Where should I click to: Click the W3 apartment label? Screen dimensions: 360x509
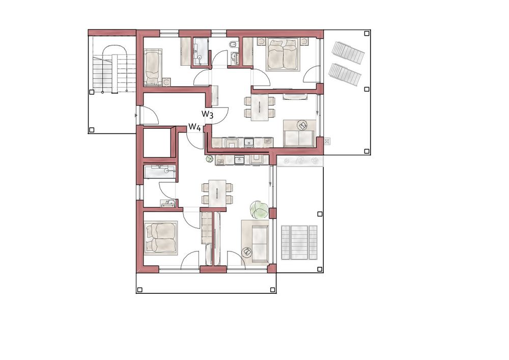[207, 114]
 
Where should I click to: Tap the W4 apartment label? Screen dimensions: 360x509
[194, 127]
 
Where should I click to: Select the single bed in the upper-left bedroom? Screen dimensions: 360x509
[152, 67]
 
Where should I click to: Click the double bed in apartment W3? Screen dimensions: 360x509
[282, 54]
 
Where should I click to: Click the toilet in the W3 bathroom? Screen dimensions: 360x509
[232, 46]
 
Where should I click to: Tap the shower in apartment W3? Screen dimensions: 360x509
[201, 51]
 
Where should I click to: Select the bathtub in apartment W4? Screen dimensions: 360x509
[159, 172]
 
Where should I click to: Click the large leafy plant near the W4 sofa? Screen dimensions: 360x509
[259, 209]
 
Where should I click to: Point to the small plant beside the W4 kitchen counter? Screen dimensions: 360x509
[209, 159]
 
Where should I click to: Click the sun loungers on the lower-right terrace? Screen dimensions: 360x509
[299, 242]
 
